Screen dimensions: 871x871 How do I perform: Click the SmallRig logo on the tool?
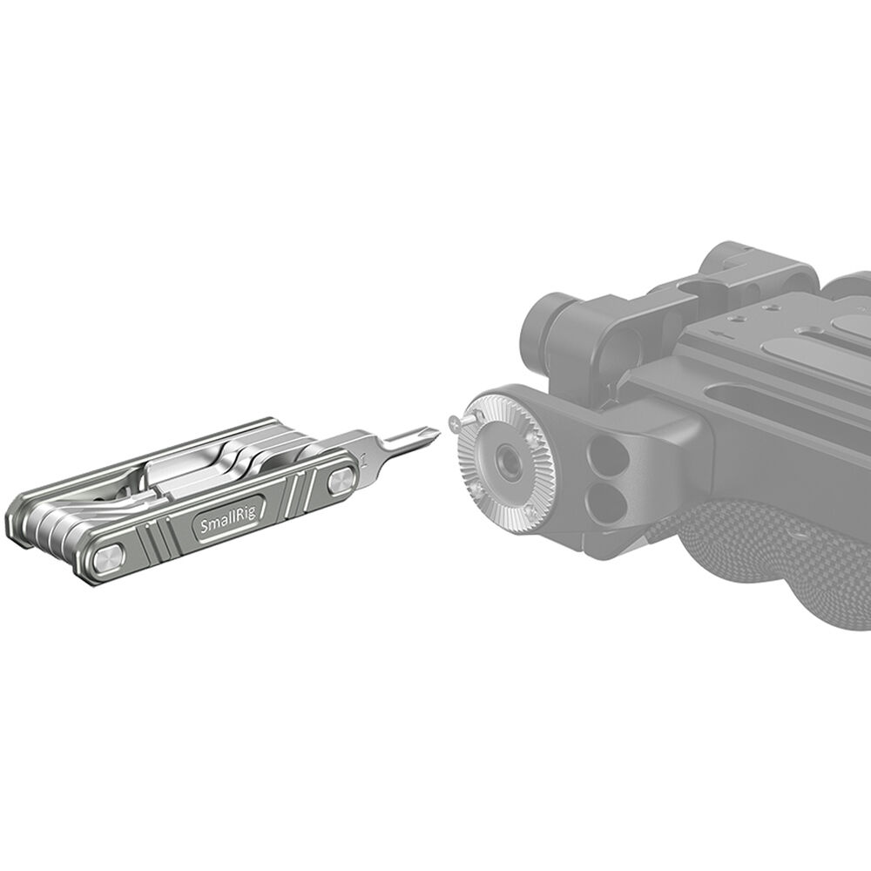pos(223,525)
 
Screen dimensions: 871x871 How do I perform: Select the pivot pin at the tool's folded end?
pos(112,557)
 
